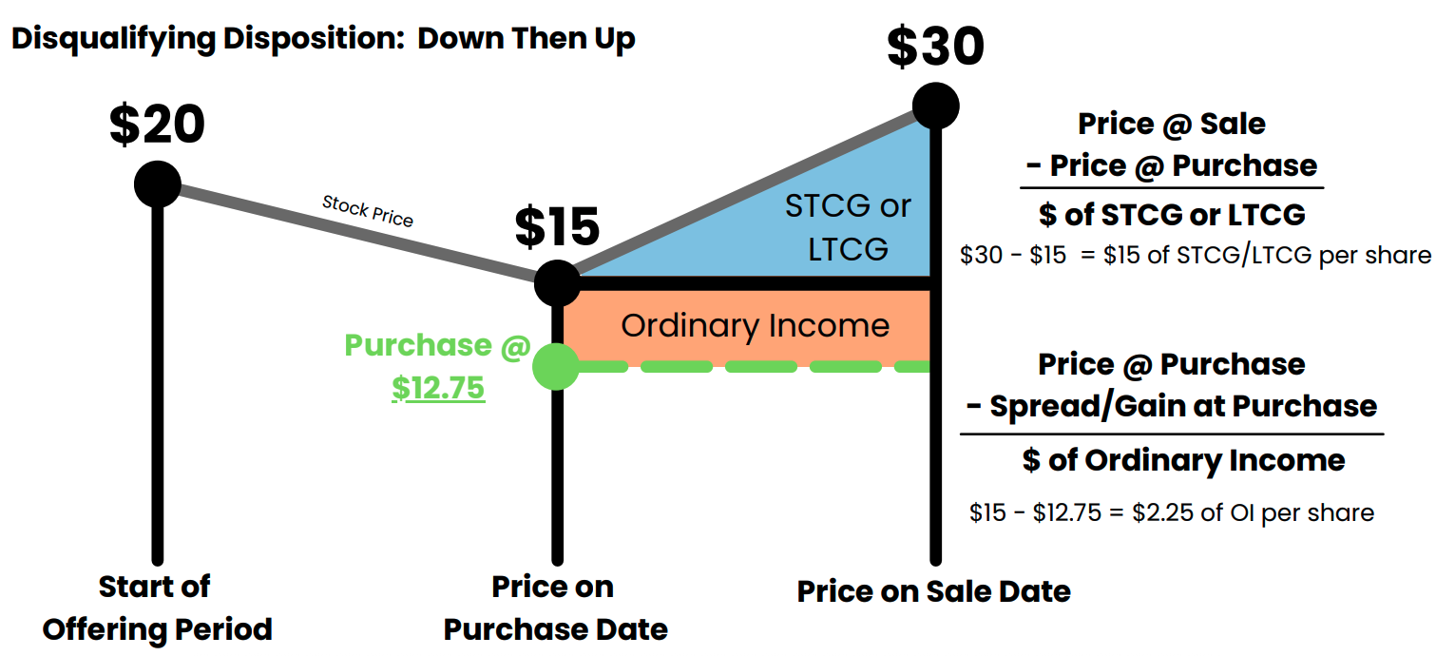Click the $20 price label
tap(157, 125)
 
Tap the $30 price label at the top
tap(935, 46)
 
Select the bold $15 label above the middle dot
tap(557, 226)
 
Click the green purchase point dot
tap(556, 367)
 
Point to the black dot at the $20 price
tap(158, 183)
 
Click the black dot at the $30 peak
tap(935, 106)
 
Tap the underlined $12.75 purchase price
tap(438, 388)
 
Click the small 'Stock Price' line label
tap(368, 211)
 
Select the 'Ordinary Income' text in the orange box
tap(756, 326)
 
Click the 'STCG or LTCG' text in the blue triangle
tap(848, 227)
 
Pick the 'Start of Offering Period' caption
tap(157, 608)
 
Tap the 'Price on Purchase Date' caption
tap(555, 608)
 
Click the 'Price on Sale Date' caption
tap(933, 591)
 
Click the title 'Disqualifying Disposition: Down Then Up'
tap(323, 40)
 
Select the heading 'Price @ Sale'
tap(1171, 124)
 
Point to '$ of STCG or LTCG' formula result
tap(1171, 214)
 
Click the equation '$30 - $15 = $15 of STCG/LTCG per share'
tap(1195, 256)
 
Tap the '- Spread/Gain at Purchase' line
tap(1171, 406)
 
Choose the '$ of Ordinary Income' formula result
tap(1183, 460)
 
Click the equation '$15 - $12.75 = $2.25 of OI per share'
tap(1171, 513)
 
